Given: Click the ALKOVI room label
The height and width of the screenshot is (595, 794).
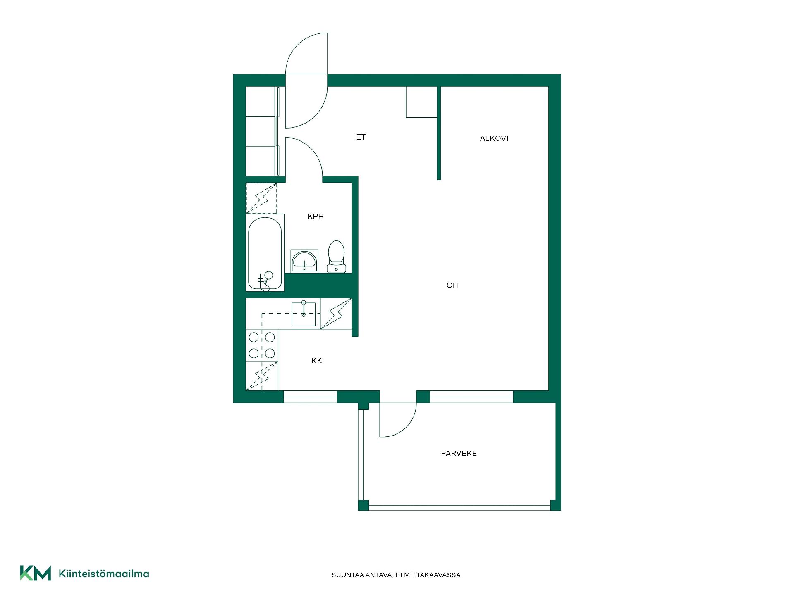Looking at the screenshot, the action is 494,138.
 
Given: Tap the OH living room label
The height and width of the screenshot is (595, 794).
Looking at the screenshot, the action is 452,285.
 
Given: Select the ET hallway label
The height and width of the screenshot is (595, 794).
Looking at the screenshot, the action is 361,137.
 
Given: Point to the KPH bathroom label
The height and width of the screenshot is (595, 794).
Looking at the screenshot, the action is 315,217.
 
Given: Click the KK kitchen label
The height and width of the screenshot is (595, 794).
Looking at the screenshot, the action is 317,361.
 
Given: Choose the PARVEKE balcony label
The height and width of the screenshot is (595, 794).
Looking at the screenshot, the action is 459,454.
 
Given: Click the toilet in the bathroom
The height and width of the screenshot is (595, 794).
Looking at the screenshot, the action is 336,257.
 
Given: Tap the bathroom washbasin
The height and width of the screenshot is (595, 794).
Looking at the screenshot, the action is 304,261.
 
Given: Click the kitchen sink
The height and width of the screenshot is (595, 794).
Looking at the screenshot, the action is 304,314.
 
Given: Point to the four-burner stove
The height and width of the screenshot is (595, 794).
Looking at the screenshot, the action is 262,345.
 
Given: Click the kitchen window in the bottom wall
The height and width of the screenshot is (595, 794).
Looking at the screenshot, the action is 311,397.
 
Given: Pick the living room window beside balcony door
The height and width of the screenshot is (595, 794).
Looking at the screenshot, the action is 471,397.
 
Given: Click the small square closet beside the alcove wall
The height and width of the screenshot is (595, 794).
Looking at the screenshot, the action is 421,102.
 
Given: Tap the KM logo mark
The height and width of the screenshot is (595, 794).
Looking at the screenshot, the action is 36,573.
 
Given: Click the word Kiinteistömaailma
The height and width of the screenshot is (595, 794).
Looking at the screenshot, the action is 104,574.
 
